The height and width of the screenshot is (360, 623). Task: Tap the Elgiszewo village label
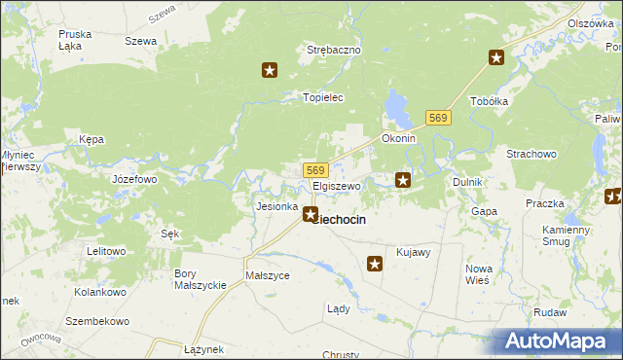pos(337,186)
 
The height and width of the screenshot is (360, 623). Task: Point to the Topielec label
pos(324,98)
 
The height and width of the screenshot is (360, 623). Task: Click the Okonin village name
pos(399,138)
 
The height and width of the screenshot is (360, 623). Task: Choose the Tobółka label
pos(490,101)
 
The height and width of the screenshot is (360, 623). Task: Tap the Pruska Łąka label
pos(75,39)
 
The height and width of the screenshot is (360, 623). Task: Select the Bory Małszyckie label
pos(200,279)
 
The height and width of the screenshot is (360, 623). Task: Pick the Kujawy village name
pos(414,252)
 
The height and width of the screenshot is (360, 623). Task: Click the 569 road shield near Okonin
pos(438,118)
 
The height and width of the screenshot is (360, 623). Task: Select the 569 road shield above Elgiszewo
pos(313,170)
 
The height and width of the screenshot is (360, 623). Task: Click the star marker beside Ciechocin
pos(311,214)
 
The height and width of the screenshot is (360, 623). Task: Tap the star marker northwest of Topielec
pos(271,70)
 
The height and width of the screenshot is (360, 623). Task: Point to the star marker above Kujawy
pos(375,263)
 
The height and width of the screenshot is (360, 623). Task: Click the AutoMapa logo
pos(556,342)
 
